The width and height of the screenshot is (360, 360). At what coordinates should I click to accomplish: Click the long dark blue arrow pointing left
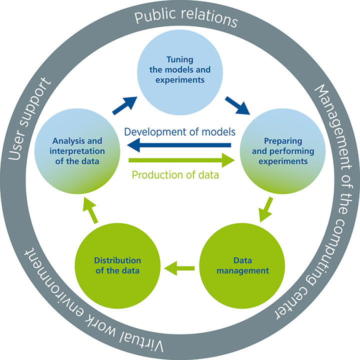point(180,145)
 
